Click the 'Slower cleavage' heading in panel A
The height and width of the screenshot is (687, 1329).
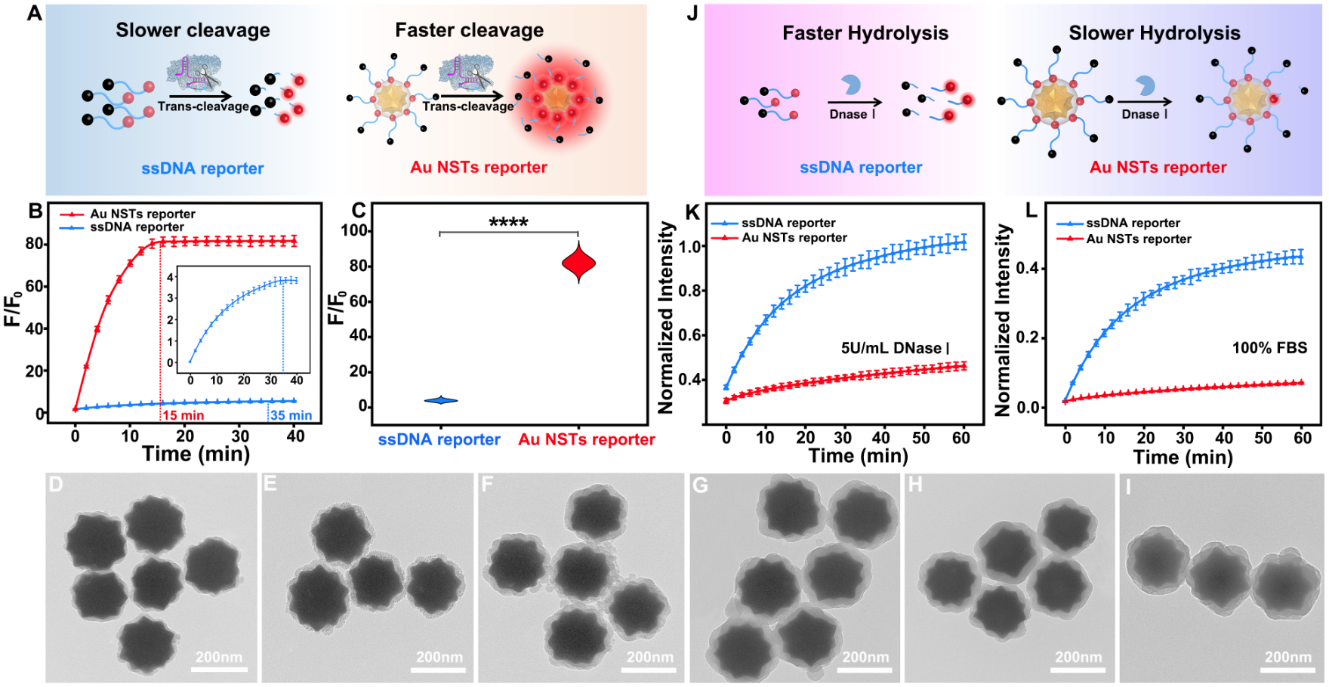click(x=193, y=30)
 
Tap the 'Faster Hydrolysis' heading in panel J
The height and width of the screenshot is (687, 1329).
click(x=865, y=33)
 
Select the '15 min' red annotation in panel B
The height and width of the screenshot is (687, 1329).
click(x=183, y=415)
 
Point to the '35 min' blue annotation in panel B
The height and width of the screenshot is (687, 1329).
click(x=291, y=415)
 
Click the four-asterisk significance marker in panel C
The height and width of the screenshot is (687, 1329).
click(x=508, y=222)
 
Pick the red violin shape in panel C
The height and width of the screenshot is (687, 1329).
click(x=579, y=263)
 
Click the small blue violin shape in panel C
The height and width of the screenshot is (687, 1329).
click(x=440, y=400)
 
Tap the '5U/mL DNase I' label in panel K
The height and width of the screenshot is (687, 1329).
click(x=895, y=348)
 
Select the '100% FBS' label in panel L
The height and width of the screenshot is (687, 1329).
click(x=1269, y=348)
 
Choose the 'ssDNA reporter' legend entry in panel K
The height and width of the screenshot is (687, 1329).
click(x=788, y=223)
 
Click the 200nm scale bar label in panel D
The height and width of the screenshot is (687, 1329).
click(x=219, y=657)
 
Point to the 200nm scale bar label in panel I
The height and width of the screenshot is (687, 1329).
click(x=1288, y=657)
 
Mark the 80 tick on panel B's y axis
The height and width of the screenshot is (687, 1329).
click(x=35, y=244)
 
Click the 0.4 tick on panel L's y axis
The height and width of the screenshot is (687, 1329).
click(x=1031, y=268)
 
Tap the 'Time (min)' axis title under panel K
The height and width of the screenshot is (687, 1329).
click(x=859, y=456)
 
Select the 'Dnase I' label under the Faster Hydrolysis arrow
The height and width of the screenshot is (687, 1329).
click(x=853, y=114)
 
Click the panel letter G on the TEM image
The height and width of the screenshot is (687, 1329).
click(x=700, y=485)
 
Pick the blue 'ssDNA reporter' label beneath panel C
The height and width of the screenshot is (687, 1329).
click(x=439, y=439)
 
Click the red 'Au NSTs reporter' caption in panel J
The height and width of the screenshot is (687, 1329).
click(x=1158, y=168)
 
